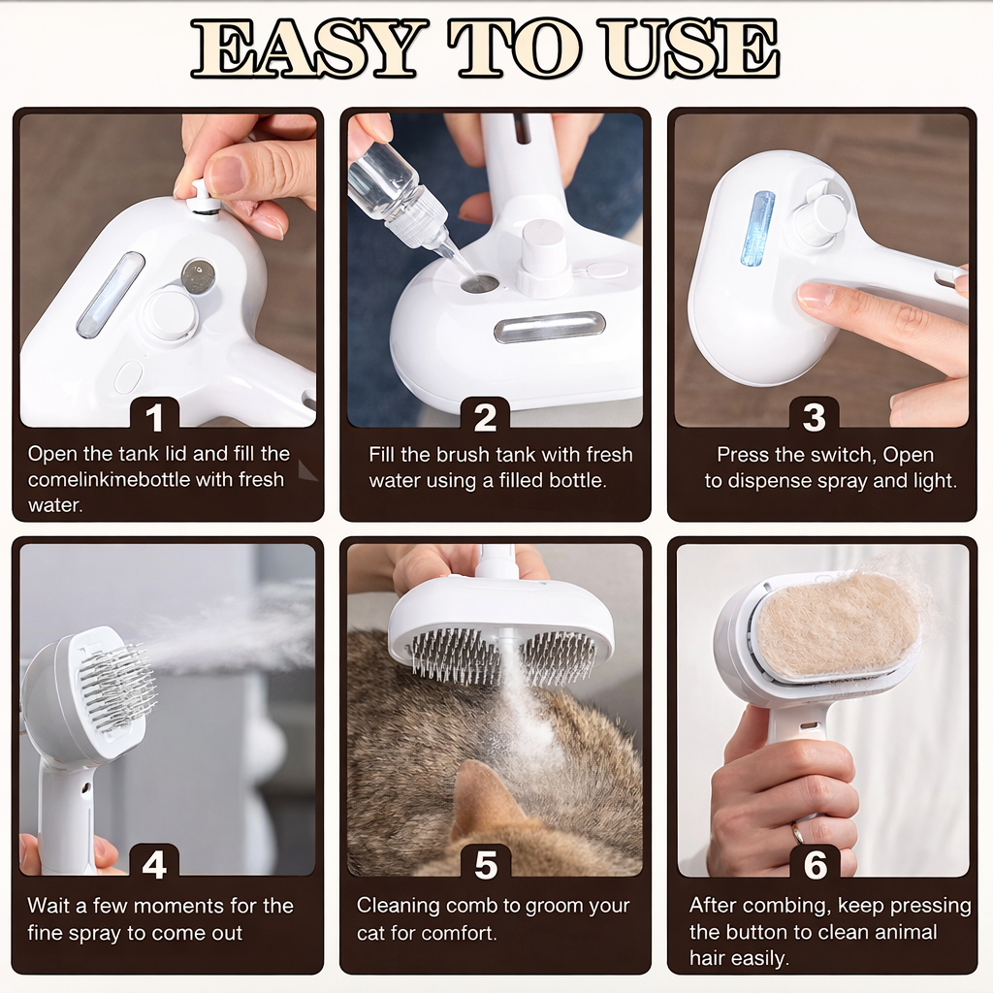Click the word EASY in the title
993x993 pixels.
305,48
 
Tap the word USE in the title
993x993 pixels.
690,48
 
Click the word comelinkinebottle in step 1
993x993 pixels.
109,479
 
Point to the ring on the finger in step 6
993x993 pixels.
797,831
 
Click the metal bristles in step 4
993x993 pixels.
117,688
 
